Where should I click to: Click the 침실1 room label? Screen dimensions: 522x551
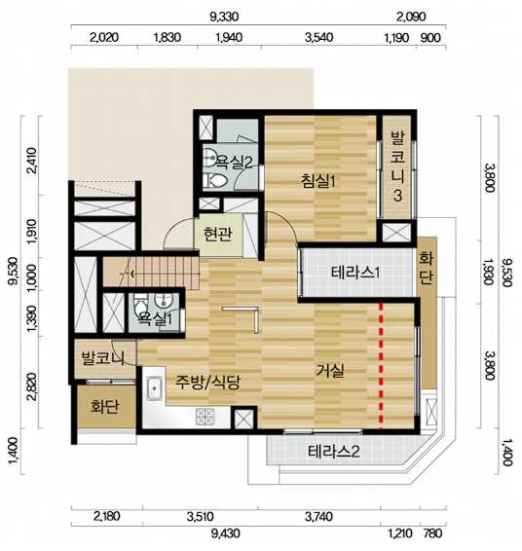click(318, 181)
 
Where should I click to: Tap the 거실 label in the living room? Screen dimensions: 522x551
click(329, 370)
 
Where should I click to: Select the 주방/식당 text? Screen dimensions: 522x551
click(207, 382)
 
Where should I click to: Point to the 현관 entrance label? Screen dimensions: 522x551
click(218, 234)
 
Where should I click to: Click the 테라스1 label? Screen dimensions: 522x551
click(355, 273)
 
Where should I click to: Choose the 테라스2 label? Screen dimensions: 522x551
click(334, 452)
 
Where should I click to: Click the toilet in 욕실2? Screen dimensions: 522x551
click(215, 181)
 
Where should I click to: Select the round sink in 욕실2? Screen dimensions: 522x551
click(211, 157)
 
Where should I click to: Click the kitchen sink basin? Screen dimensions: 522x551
click(154, 388)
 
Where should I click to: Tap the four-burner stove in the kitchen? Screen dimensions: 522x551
click(205, 417)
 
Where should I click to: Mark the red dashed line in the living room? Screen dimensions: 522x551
click(381, 364)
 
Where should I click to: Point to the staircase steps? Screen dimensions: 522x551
click(151, 273)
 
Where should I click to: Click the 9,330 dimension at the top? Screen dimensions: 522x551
click(224, 17)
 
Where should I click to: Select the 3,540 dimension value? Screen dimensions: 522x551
click(318, 38)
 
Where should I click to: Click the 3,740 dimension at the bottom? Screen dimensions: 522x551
click(318, 516)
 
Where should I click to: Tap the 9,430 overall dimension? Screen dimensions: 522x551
click(225, 533)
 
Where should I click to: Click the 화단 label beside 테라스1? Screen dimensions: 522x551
click(426, 268)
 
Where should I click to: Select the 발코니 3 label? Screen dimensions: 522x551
click(397, 166)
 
